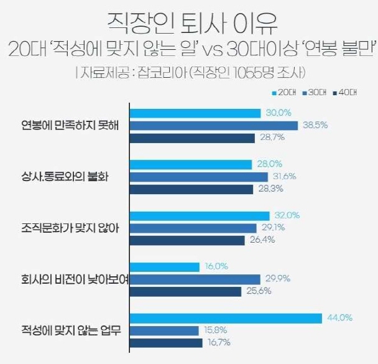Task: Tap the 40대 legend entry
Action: (344, 93)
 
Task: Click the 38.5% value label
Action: (315, 126)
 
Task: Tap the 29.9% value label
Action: (277, 279)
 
